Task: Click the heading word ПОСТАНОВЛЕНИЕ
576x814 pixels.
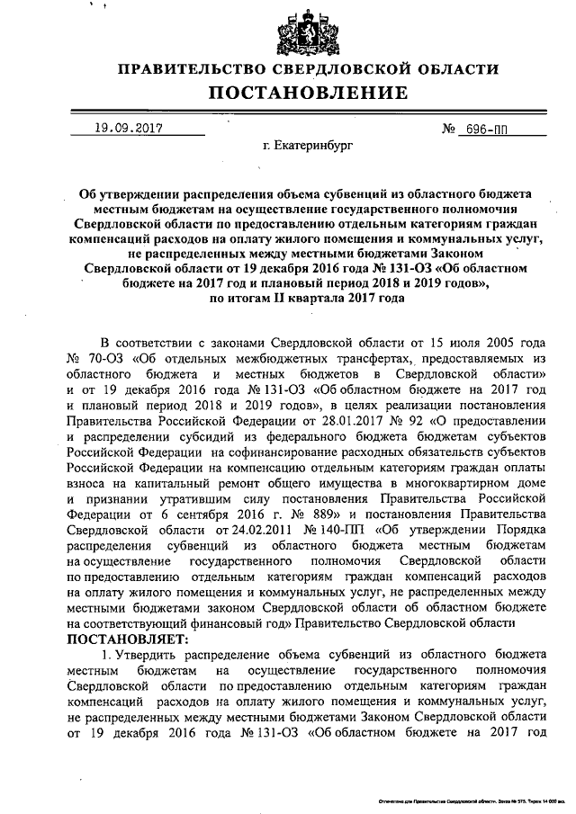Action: (287, 92)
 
